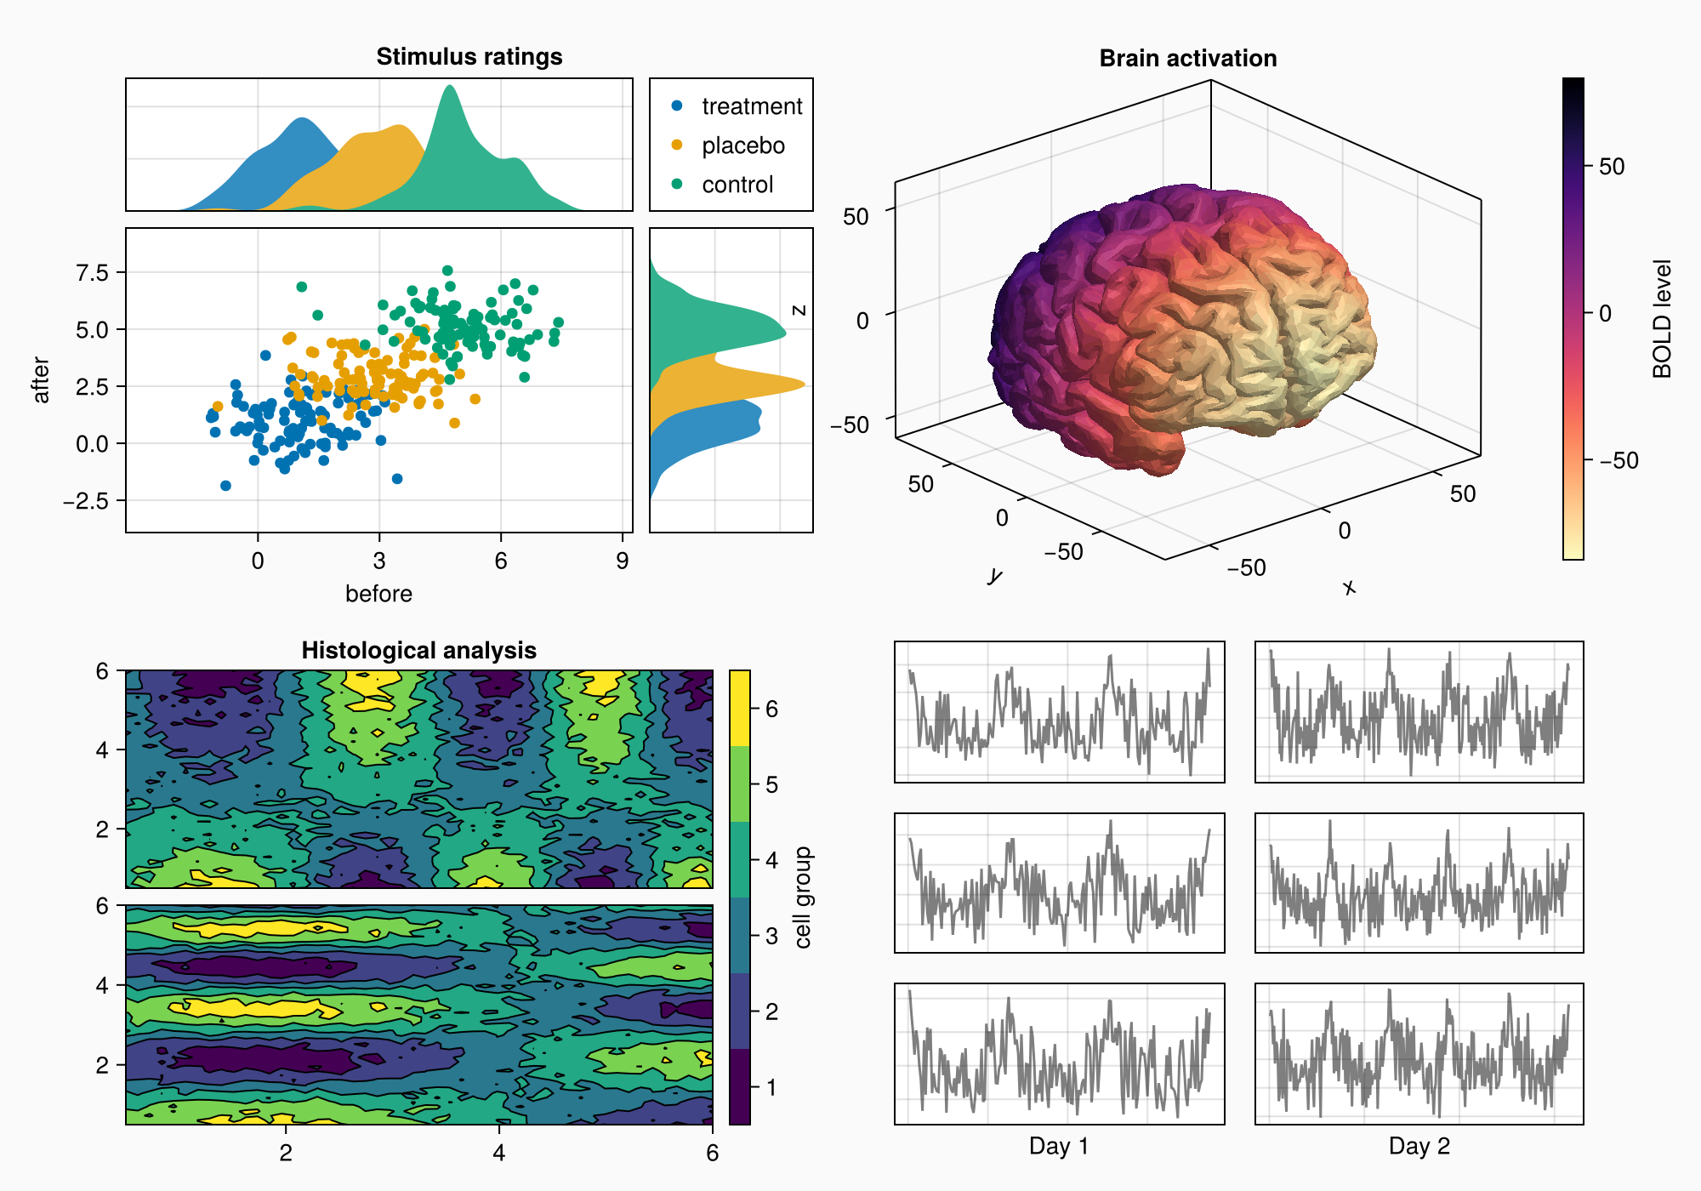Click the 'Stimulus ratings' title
coord(469,56)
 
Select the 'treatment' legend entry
coord(751,106)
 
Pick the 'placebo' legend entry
coord(742,145)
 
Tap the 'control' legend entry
coord(737,185)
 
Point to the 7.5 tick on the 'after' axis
coord(93,272)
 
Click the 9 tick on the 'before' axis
coord(623,561)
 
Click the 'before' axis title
coord(378,594)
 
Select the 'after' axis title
coord(41,380)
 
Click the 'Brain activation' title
coord(1187,58)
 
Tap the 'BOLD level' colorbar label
coord(1662,319)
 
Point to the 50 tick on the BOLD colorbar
coord(1611,167)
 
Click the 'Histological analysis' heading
coord(418,651)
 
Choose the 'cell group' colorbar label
coord(803,898)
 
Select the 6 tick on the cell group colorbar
coord(771,709)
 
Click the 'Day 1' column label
coord(1058,1146)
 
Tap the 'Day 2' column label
coord(1419,1146)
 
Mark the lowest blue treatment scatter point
coord(225,486)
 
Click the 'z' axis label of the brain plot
coord(799,311)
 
